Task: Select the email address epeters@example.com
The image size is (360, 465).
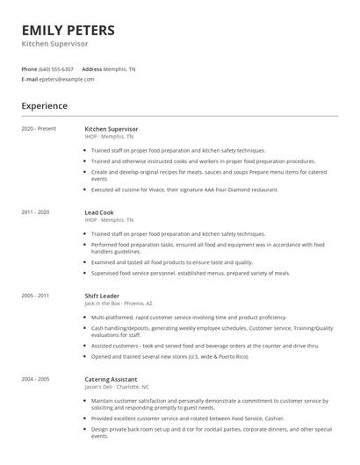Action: point(68,79)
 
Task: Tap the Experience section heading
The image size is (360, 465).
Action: point(45,105)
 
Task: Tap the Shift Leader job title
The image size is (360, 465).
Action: point(103,296)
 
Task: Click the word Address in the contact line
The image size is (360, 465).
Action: point(91,68)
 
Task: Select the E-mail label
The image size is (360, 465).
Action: point(30,79)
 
